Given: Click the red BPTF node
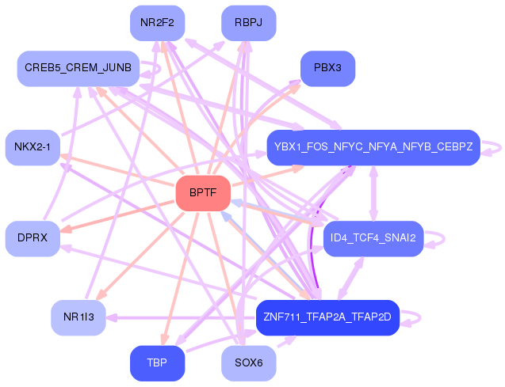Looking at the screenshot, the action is (203, 193).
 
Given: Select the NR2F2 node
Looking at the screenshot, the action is (157, 23).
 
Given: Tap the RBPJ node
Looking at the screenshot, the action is (249, 23).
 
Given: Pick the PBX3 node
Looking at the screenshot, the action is (328, 69).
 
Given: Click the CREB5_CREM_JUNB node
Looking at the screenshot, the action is (78, 69).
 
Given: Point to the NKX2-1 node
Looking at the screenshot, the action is (33, 147).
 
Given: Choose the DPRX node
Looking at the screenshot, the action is (33, 238).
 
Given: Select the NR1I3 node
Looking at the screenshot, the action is (78, 317).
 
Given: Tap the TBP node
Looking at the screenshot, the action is (157, 363).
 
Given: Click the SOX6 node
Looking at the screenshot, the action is (249, 363).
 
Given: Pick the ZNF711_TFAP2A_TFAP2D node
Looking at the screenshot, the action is (328, 317).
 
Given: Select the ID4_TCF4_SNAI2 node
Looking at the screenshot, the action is (373, 238).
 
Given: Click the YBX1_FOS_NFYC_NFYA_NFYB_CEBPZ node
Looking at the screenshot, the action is (373, 147).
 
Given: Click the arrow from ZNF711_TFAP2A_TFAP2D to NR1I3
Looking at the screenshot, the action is (181, 318).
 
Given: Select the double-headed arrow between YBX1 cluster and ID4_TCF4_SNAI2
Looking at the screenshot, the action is (373, 193).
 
